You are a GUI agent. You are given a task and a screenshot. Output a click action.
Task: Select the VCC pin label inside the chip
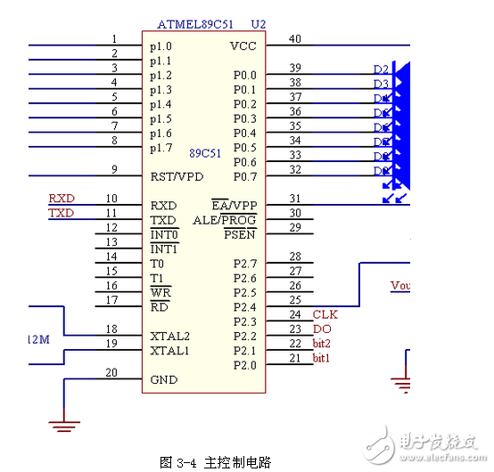tap(243, 46)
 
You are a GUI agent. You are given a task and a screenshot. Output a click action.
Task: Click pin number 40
tap(294, 38)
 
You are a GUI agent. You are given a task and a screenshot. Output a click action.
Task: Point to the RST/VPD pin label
tap(177, 176)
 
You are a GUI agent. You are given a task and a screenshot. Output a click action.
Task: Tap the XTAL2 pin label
tap(169, 337)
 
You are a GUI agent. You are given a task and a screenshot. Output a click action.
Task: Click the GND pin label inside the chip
tap(163, 379)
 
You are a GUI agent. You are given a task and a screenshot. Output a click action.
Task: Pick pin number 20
tap(111, 372)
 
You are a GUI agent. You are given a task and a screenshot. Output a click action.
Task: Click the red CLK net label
tap(325, 314)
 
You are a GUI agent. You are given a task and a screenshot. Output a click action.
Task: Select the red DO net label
tap(321, 329)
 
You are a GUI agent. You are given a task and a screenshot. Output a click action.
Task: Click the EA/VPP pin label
tap(234, 206)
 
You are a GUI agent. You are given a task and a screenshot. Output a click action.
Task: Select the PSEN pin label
tap(240, 234)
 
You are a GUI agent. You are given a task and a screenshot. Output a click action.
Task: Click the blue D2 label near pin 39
tap(381, 69)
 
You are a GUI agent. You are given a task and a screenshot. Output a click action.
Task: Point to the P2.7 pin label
tap(243, 264)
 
